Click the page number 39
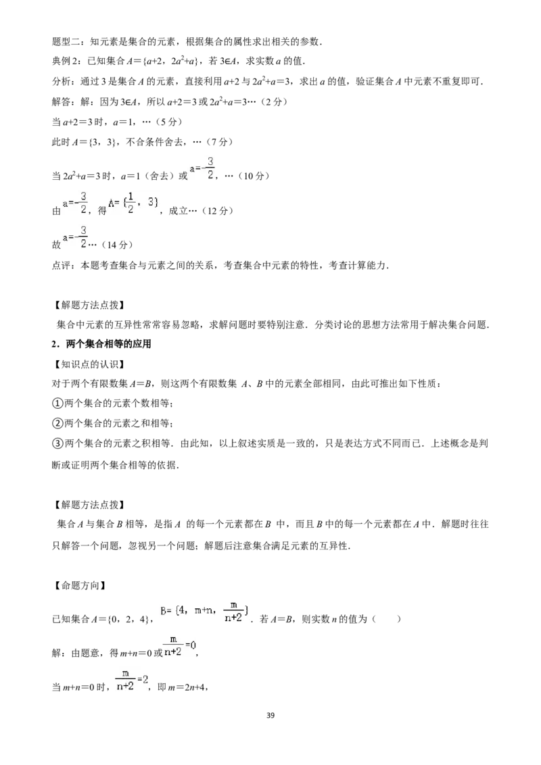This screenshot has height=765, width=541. (x=270, y=715)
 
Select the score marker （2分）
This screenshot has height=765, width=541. (x=274, y=101)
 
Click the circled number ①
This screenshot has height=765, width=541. (x=57, y=403)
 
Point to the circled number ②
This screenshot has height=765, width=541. (x=57, y=423)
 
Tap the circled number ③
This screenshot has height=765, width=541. (x=57, y=443)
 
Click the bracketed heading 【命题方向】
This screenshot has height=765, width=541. (x=79, y=585)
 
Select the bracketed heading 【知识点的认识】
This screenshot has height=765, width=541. (x=89, y=364)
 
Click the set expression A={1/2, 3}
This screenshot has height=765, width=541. (x=133, y=203)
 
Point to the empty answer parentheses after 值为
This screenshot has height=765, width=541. (x=386, y=618)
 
